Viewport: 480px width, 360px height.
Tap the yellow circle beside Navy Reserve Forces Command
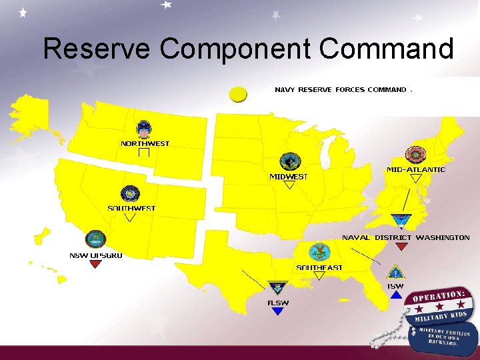pyautogui.click(x=238, y=94)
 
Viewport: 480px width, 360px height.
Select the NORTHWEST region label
pyautogui.click(x=145, y=143)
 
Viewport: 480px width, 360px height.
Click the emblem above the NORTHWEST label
pyautogui.click(x=144, y=129)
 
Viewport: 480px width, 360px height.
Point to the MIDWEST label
pyautogui.click(x=289, y=177)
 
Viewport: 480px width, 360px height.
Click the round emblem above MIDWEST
pyautogui.click(x=290, y=161)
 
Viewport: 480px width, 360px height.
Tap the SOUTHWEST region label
pyautogui.click(x=131, y=209)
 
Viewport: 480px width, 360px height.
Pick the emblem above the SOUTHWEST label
pyautogui.click(x=129, y=194)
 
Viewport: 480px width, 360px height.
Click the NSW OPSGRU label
pyautogui.click(x=96, y=255)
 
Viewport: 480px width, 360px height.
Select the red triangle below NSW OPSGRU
pyautogui.click(x=95, y=264)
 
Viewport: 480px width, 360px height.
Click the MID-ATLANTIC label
pyautogui.click(x=416, y=170)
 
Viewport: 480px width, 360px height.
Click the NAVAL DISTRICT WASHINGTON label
pyautogui.click(x=405, y=237)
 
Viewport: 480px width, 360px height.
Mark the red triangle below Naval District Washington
pyautogui.click(x=401, y=247)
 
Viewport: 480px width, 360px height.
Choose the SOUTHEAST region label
pyautogui.click(x=319, y=268)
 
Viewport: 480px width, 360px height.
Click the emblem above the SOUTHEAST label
pyautogui.click(x=319, y=252)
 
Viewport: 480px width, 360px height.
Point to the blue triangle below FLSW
pyautogui.click(x=278, y=311)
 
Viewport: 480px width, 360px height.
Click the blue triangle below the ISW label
pyautogui.click(x=396, y=294)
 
